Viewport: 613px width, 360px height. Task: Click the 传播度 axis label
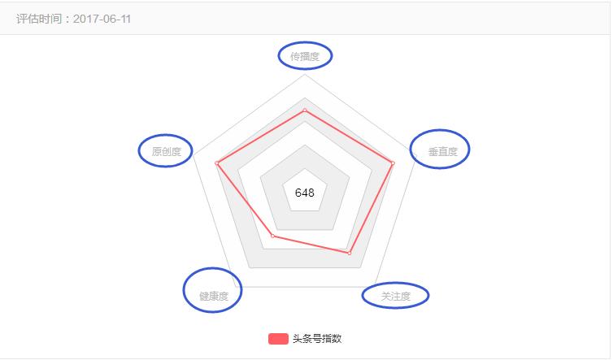coord(305,56)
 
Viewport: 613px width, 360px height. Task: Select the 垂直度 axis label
coord(442,151)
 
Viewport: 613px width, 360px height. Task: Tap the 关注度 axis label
coord(395,297)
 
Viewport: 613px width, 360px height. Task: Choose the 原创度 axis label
coord(166,151)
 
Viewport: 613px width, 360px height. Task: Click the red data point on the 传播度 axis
coord(305,110)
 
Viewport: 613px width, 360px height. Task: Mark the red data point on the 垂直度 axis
coord(393,163)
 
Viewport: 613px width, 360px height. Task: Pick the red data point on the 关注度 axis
coord(350,254)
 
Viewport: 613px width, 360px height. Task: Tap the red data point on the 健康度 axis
coord(272,236)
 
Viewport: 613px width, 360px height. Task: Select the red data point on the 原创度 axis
coord(217,163)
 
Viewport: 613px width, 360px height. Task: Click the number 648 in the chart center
coord(305,193)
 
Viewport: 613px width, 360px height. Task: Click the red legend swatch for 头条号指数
coord(278,338)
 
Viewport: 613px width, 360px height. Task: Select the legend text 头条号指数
coord(317,339)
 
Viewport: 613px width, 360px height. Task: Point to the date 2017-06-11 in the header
coord(102,19)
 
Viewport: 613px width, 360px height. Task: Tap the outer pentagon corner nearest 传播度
coord(305,77)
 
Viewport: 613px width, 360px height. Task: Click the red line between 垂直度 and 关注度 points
coord(372,208)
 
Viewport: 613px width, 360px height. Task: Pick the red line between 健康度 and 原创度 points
coord(244,201)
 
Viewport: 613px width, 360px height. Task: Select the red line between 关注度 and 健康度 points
coord(311,245)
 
